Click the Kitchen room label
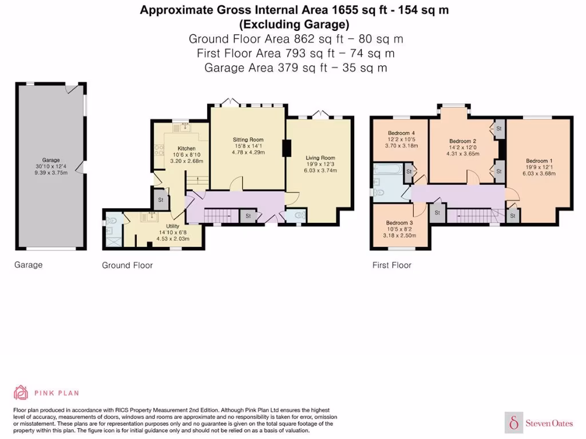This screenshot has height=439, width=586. [187, 148]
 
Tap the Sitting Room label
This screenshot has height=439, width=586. [248, 139]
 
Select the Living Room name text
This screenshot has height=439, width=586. [320, 158]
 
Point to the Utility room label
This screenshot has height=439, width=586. [173, 226]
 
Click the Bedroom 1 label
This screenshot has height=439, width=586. [539, 161]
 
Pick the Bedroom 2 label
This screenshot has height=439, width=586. [462, 141]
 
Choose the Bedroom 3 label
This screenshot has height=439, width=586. [399, 223]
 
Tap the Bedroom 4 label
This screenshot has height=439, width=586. [401, 133]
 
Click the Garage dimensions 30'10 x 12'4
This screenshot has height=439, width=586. [51, 166]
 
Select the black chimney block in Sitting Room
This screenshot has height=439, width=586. [286, 148]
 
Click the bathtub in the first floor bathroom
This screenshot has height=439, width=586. [389, 169]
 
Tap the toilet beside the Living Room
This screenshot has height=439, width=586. [300, 215]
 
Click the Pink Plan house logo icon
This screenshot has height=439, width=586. [21, 393]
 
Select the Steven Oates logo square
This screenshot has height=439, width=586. [514, 422]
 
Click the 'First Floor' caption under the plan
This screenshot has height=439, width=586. [391, 265]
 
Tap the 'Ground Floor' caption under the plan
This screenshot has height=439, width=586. [128, 265]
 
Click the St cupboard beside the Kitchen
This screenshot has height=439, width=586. [161, 199]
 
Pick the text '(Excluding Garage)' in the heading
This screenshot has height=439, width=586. [295, 24]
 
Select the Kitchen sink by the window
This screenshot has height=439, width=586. [182, 127]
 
